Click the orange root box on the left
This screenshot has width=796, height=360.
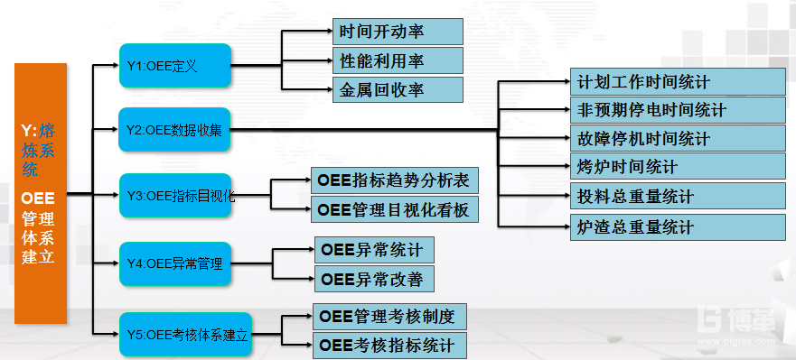(41, 193)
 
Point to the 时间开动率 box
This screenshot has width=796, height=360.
(397, 32)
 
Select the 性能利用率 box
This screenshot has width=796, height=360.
(397, 60)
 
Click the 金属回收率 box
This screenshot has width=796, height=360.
(397, 89)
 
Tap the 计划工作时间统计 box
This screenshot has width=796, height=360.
(679, 82)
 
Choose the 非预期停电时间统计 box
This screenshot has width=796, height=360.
(679, 110)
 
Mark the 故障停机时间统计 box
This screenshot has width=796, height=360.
(679, 138)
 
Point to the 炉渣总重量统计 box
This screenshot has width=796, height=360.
(679, 226)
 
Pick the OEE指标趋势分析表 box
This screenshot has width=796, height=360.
(393, 180)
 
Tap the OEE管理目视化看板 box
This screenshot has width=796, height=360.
(393, 210)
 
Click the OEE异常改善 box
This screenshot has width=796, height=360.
(373, 278)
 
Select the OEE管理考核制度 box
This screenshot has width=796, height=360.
(391, 317)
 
